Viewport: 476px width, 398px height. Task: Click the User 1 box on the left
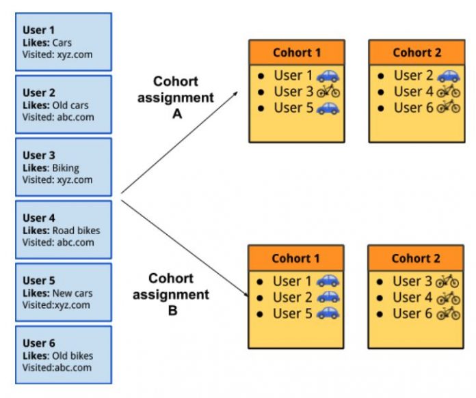(62, 42)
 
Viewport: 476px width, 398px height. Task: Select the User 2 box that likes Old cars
(62, 104)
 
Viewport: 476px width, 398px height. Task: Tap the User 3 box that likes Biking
(62, 167)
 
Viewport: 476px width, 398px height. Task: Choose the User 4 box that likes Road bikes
(62, 230)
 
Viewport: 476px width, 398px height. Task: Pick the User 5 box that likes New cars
(62, 292)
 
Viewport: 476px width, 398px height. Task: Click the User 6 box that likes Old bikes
(62, 355)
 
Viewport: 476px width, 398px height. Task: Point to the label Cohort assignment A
(176, 98)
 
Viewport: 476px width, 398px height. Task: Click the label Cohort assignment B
(171, 295)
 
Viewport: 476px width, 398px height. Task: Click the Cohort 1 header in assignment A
(296, 53)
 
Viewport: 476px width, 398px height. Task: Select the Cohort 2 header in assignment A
(416, 53)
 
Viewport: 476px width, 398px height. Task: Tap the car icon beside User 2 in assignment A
(448, 76)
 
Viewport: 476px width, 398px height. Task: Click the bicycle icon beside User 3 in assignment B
(447, 281)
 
